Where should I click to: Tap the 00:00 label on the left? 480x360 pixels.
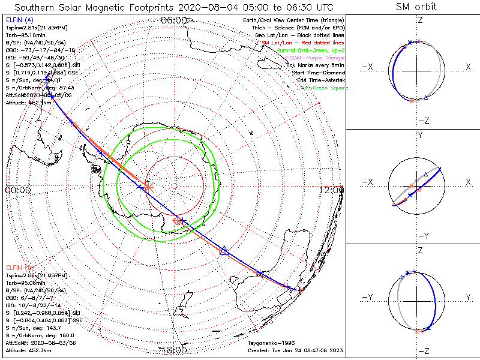click(x=17, y=190)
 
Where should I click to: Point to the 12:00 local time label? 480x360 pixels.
click(x=332, y=190)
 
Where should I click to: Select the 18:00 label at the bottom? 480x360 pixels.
click(x=174, y=350)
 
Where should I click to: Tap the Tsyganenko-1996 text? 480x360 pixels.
click(x=269, y=343)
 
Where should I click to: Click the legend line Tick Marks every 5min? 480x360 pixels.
click(x=314, y=65)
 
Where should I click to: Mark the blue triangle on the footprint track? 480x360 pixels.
click(x=224, y=250)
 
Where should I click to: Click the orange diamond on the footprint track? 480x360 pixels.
click(x=177, y=221)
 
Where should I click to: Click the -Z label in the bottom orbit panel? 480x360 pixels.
click(x=424, y=350)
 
